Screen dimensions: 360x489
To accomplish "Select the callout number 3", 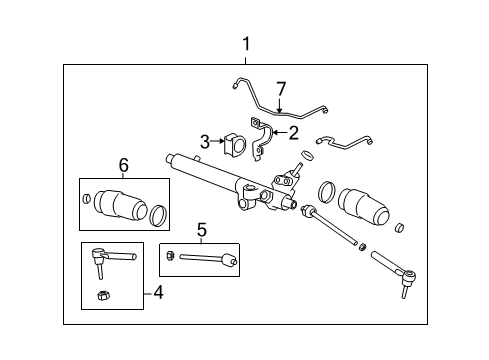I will tap(204, 141).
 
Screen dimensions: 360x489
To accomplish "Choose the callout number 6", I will tap(124, 164).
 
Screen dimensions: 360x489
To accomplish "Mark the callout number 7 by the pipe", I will tap(281, 89).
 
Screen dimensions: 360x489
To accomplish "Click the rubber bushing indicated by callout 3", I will tap(237, 142).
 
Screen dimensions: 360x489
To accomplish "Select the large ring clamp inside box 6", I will tap(158, 212).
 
